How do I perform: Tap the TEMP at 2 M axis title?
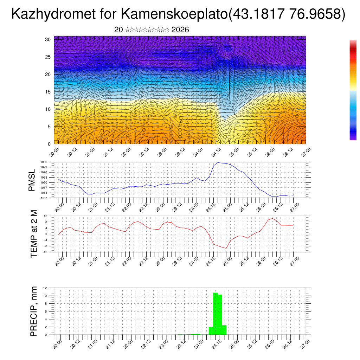[x=34, y=233]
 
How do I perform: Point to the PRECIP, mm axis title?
[x=34, y=311]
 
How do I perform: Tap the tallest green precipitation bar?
[x=216, y=313]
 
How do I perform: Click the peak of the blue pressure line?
[x=218, y=162]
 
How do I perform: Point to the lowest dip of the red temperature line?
[x=226, y=248]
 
